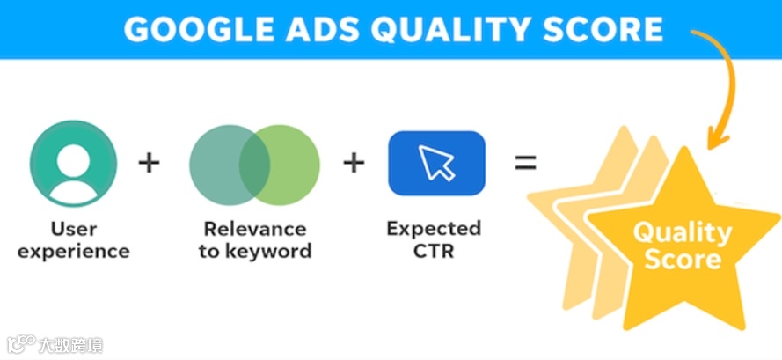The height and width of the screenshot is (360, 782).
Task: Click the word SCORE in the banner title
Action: point(603,29)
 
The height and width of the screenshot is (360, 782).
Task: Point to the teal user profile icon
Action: point(73,163)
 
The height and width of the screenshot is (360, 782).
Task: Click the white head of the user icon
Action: point(73,158)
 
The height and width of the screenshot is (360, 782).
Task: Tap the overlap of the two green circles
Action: point(254,165)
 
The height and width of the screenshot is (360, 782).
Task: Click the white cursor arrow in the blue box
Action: point(436,162)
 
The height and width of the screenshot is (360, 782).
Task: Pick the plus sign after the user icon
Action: point(150,163)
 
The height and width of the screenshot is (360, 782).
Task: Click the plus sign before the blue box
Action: point(354,163)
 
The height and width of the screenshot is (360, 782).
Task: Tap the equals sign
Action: point(525,163)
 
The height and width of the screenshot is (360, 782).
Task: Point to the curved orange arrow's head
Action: point(716,139)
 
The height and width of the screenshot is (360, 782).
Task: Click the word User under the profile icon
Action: point(74,229)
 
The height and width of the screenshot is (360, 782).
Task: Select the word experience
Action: point(74,251)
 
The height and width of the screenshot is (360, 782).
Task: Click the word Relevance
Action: point(255,229)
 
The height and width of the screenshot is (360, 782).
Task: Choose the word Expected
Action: point(434,229)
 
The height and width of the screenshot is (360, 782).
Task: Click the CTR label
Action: point(434,251)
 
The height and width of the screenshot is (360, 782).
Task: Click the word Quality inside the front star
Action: point(683,233)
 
